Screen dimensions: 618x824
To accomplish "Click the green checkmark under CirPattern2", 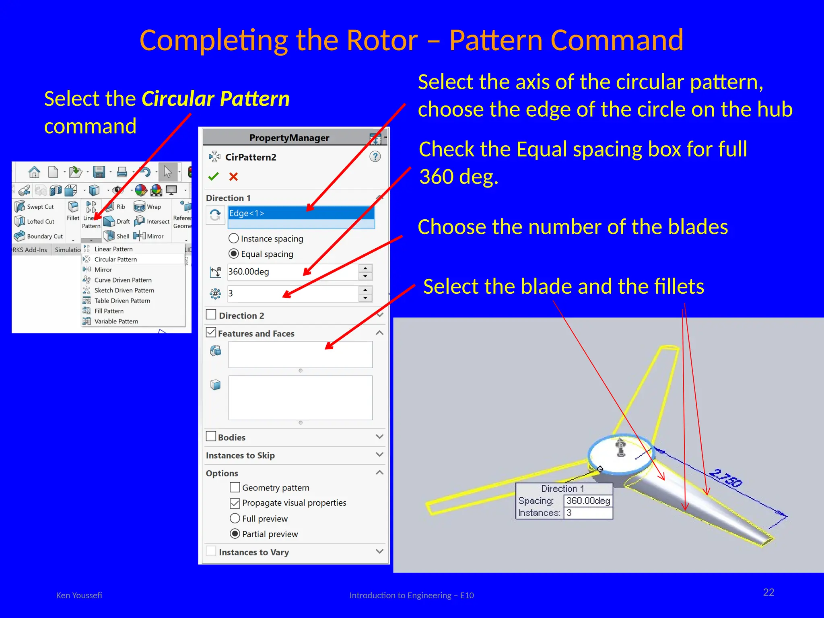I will point(213,176).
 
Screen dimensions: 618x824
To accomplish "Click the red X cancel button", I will point(233,176).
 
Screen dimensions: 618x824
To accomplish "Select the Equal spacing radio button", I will point(234,254).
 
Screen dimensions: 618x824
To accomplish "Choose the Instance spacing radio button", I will point(234,239).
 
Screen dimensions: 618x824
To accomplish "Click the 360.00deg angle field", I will point(292,272).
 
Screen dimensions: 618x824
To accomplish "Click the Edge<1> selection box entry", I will point(301,213).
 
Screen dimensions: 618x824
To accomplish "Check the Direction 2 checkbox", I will point(211,315).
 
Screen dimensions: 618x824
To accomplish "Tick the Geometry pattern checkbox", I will point(235,488).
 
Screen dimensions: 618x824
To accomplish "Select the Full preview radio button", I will point(235,519).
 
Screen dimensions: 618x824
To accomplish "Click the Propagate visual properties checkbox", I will point(235,503).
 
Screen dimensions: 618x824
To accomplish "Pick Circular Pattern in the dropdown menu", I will point(115,260).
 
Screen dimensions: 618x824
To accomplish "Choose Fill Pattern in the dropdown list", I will point(109,311).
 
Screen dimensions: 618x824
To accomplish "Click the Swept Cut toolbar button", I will point(35,207).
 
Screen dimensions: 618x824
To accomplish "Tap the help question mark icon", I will point(375,157).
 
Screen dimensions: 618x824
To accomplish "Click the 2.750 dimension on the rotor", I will point(725,478).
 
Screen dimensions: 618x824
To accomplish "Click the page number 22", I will point(768,592).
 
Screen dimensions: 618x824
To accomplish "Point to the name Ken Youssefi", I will point(79,595).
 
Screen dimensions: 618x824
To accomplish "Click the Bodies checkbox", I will point(211,437).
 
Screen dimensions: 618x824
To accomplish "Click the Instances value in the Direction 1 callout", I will point(587,513).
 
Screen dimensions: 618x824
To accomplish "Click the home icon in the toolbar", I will point(35,172).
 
